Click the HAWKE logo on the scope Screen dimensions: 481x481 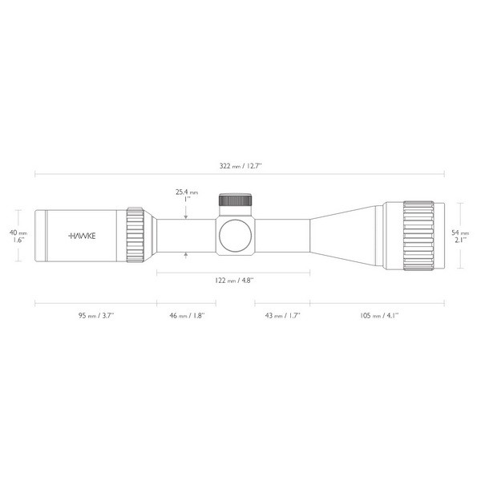point(82,236)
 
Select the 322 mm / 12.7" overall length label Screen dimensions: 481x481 point(240,166)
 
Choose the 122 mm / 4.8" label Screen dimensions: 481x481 point(234,281)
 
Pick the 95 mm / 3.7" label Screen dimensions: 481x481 point(96,315)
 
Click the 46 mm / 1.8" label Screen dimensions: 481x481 point(187,315)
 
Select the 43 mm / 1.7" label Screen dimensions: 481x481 point(282,315)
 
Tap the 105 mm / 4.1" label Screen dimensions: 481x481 point(379,315)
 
